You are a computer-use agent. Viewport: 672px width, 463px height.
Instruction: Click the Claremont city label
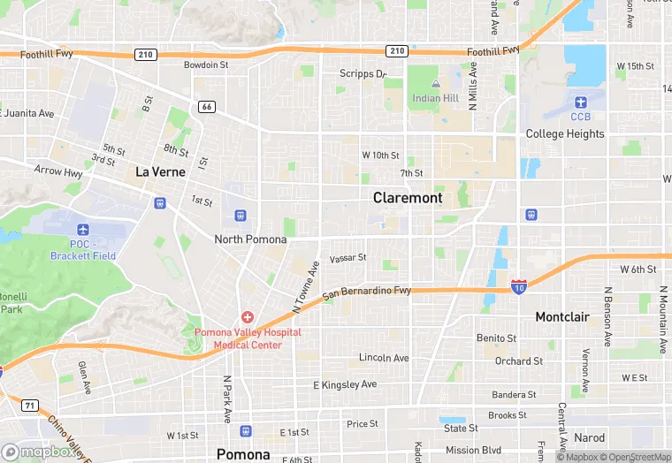point(408,198)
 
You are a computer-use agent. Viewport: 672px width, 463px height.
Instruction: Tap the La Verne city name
point(160,171)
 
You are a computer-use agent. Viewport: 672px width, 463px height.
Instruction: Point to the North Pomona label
point(250,239)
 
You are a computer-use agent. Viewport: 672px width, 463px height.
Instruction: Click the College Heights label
point(565,134)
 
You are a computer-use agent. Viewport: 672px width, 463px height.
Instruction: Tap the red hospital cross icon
point(248,316)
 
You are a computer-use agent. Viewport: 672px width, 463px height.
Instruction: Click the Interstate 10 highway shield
point(519,286)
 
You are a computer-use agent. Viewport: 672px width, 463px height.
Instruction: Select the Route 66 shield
point(207,107)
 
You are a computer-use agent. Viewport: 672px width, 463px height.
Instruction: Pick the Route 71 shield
point(30,406)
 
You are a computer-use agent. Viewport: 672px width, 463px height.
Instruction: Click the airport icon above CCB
point(580,102)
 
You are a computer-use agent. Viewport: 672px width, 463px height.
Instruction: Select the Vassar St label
point(347,259)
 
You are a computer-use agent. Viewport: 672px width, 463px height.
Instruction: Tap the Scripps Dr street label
point(363,74)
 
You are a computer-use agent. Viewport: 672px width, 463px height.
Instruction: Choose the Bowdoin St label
point(206,65)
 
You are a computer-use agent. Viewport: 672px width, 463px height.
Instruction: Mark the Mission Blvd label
point(473,450)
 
